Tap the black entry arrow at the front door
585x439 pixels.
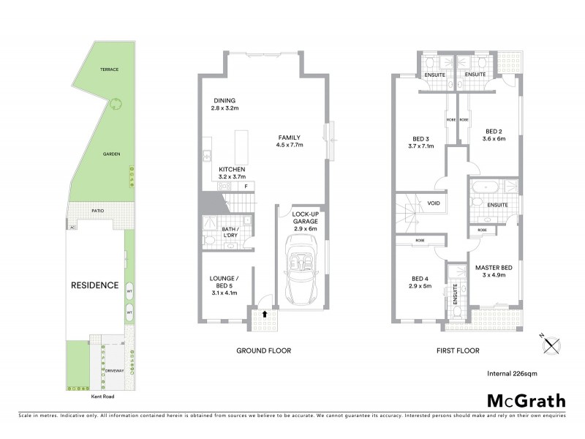[265, 314]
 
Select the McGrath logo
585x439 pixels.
[526, 400]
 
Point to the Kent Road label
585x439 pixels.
[103, 397]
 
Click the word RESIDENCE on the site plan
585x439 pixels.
[94, 285]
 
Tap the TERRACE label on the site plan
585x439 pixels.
[110, 69]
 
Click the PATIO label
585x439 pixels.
[97, 210]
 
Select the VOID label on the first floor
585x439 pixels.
[433, 204]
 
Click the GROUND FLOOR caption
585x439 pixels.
[263, 350]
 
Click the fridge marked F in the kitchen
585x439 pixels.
[246, 187]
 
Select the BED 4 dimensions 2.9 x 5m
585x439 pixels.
[422, 287]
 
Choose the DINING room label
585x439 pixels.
[224, 101]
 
